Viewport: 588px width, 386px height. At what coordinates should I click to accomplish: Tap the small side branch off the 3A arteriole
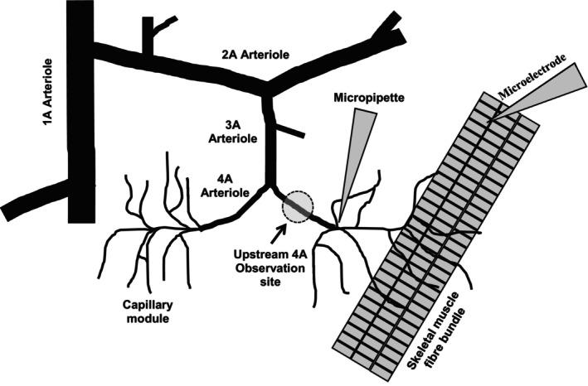(x=288, y=131)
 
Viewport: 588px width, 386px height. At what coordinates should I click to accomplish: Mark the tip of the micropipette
(x=338, y=223)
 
